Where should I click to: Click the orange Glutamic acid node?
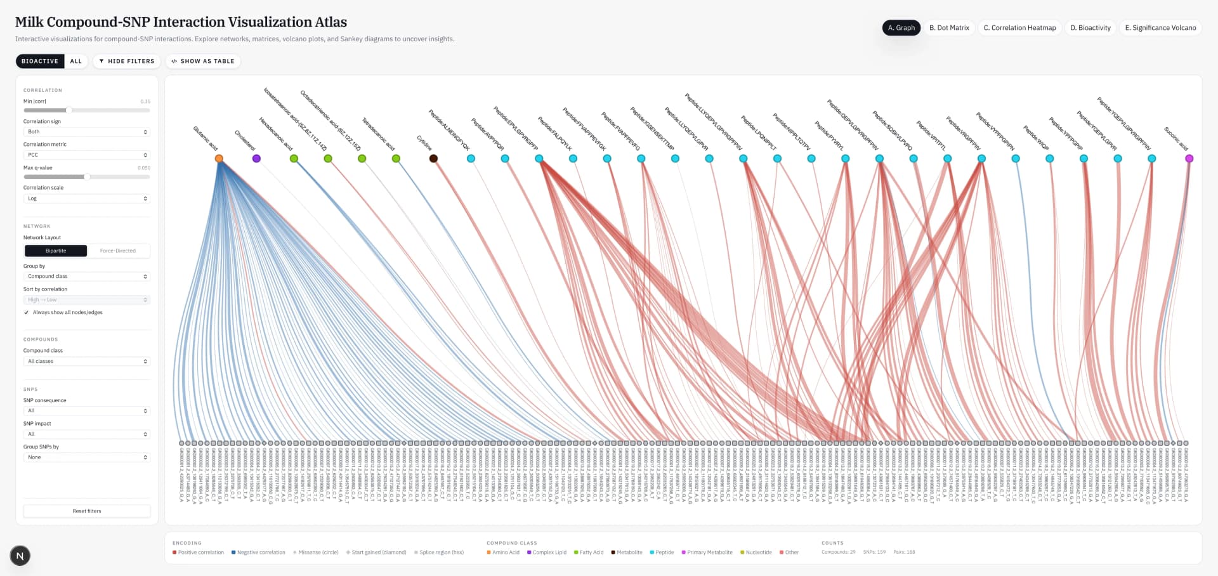[x=219, y=159]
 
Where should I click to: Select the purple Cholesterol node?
[x=256, y=159]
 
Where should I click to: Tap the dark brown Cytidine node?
[x=433, y=159]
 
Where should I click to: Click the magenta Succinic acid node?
[x=1189, y=159]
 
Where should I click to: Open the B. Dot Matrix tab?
[x=949, y=28]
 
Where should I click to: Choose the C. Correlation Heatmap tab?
[x=1019, y=28]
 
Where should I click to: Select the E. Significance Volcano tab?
[x=1160, y=28]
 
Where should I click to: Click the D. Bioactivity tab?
[x=1090, y=28]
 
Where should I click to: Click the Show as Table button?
[x=203, y=62]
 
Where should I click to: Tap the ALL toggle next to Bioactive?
[x=76, y=62]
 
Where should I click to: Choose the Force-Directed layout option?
[x=118, y=251]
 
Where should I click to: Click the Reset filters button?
[x=87, y=511]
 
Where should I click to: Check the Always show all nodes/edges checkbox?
[x=27, y=313]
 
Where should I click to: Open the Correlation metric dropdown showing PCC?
[x=87, y=155]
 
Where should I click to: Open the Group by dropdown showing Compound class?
[x=87, y=277]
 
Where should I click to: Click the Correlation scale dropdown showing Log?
[x=87, y=199]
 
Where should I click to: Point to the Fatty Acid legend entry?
[x=589, y=553]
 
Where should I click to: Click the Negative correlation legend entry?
[x=258, y=553]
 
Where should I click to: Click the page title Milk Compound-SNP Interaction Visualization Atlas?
[x=181, y=22]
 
